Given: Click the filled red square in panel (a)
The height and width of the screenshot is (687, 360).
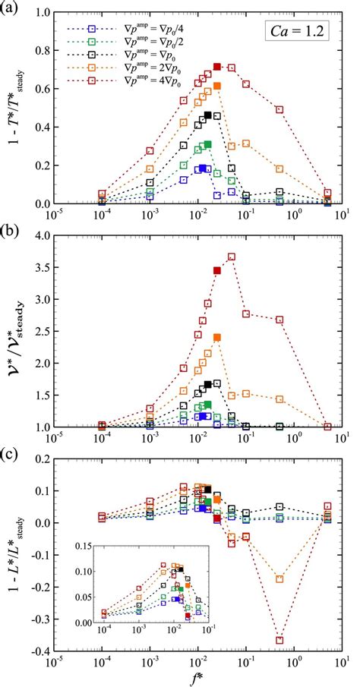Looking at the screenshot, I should click(217, 67).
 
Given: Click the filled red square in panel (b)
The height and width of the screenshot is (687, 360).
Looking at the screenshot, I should click(217, 270).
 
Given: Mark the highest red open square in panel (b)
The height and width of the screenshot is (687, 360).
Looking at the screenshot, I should click(232, 257).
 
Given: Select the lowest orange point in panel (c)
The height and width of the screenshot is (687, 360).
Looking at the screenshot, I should click(279, 578).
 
